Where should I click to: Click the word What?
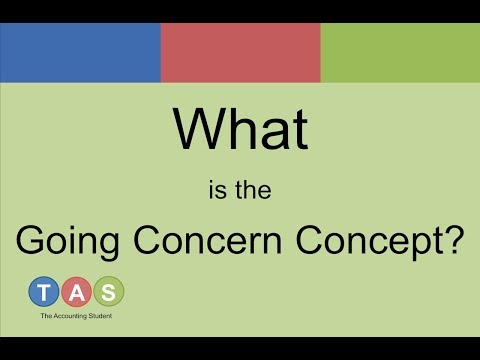pos(240,128)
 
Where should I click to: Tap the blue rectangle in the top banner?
pos(80,52)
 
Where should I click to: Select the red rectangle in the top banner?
pos(240,52)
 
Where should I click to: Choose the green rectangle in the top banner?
pos(400,52)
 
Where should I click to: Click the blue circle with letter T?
pos(44,291)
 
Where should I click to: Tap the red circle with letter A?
pos(77,291)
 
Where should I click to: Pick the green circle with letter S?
pos(109,291)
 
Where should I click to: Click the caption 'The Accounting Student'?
pos(77,316)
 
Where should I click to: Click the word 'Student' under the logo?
pos(102,316)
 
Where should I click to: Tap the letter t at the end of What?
pos(299,128)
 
